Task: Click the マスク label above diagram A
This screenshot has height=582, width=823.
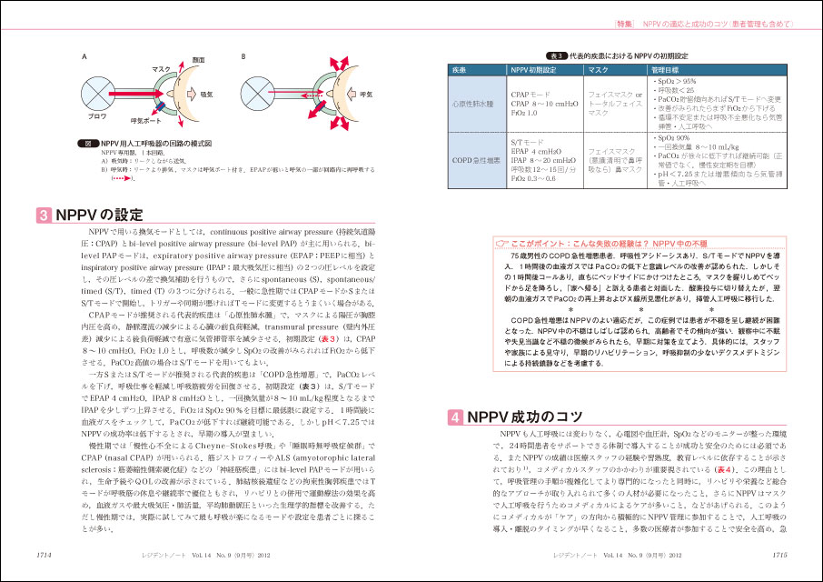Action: click(161, 69)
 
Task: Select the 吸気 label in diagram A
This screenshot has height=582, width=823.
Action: click(206, 95)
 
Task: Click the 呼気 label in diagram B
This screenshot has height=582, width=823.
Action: click(367, 95)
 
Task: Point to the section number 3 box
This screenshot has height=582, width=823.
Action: click(44, 216)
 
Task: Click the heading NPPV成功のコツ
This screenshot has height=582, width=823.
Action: click(520, 417)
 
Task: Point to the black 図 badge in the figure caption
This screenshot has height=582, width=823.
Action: click(89, 142)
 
